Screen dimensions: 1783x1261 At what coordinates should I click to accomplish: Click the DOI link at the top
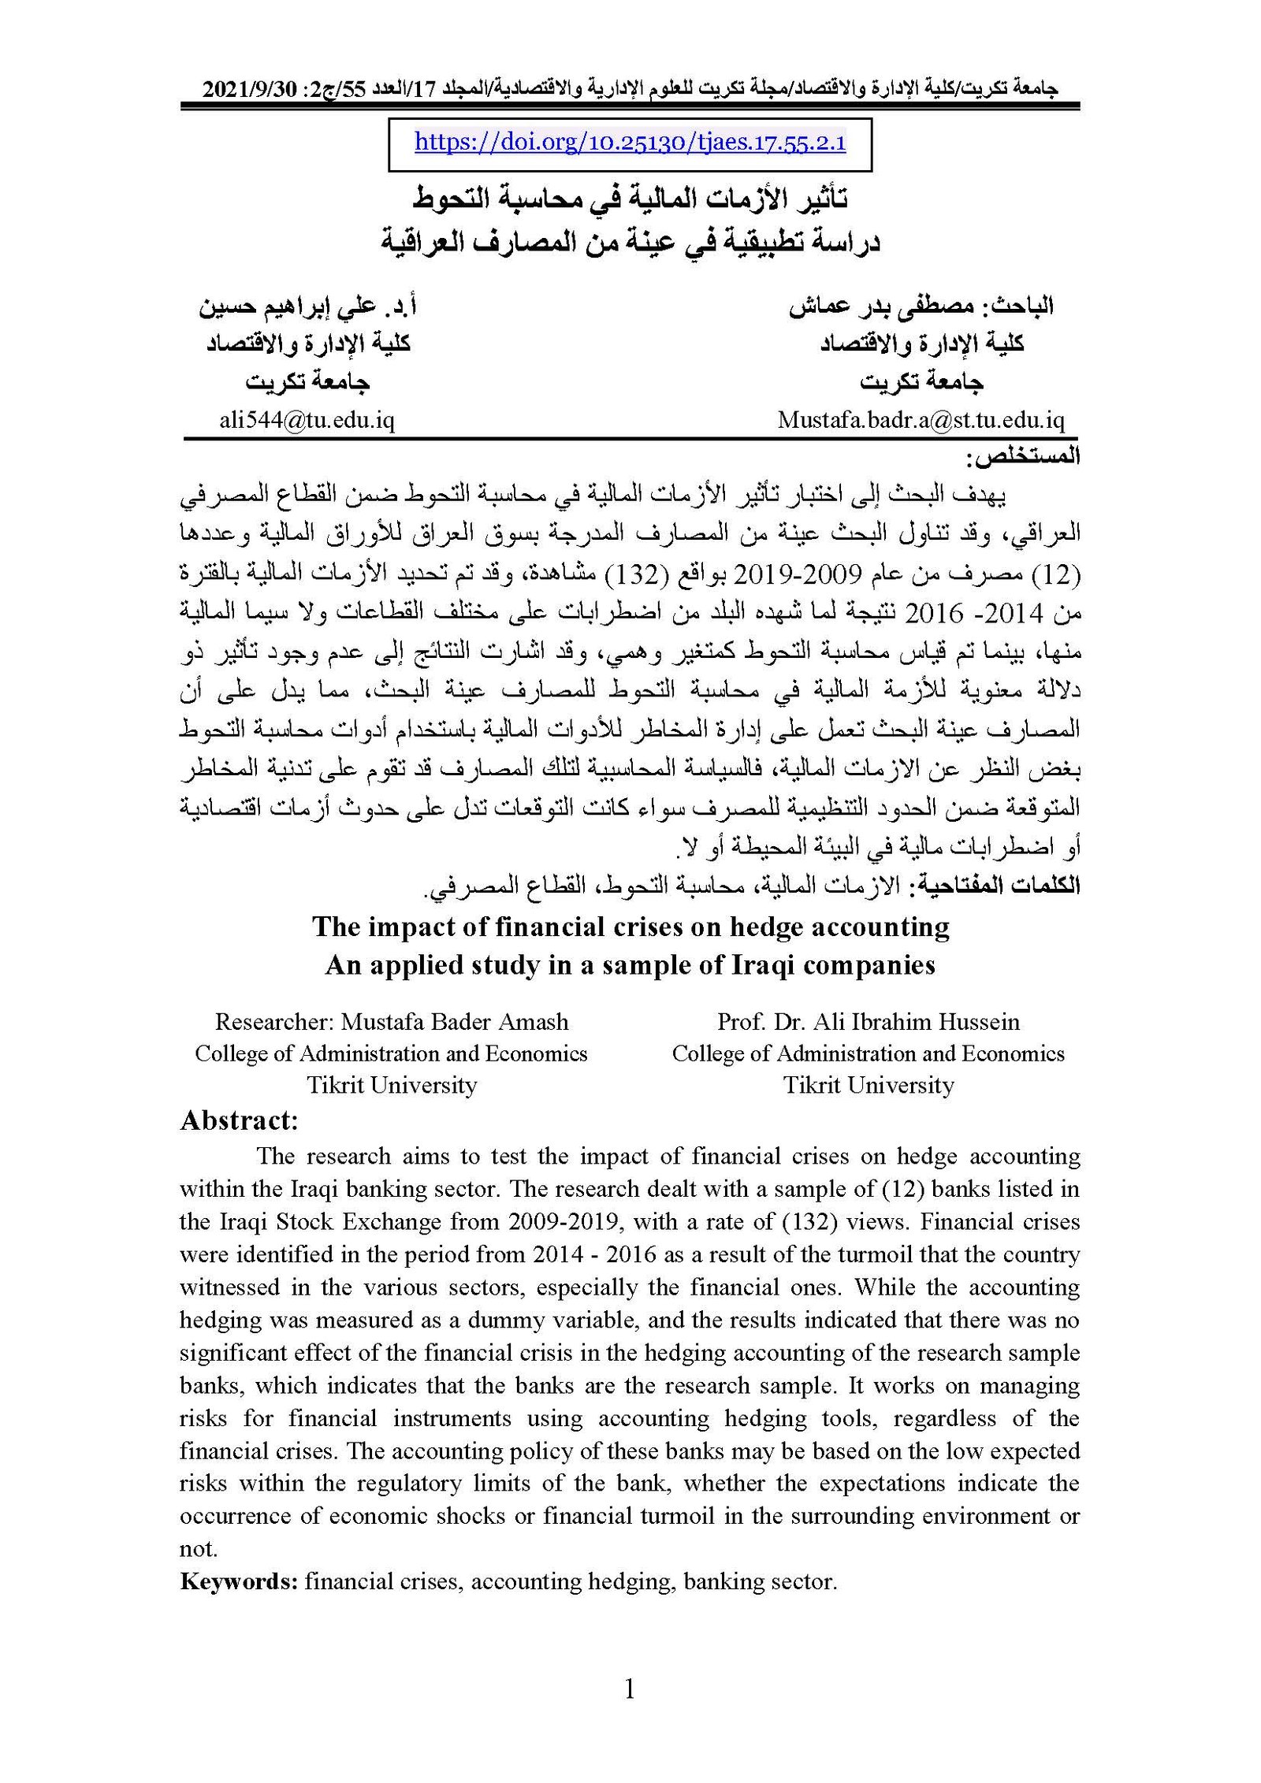[x=630, y=143]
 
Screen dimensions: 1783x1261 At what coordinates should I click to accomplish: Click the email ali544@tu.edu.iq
[x=307, y=420]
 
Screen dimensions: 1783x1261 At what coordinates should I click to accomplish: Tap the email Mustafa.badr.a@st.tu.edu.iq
[x=921, y=420]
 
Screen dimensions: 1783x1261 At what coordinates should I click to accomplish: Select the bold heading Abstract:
[x=239, y=1120]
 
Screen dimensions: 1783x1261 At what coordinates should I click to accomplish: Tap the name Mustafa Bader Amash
[x=454, y=1022]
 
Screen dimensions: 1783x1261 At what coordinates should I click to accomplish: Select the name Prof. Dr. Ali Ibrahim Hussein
[x=868, y=1022]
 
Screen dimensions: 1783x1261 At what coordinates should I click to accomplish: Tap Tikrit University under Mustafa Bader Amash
[x=392, y=1085]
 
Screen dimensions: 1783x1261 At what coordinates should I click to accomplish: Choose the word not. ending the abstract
[x=198, y=1549]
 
